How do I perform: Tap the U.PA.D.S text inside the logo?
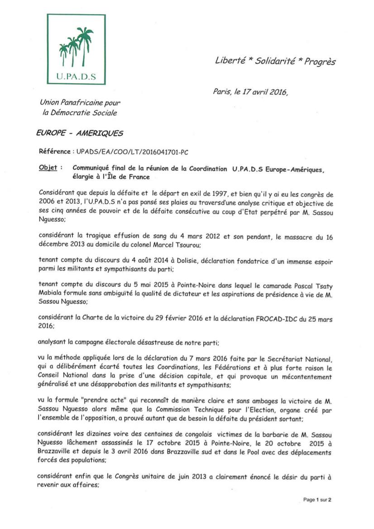pos(76,76)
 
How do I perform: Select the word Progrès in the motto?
pos(320,62)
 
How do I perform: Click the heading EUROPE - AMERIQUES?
pos(79,133)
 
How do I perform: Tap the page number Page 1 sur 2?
pos(317,500)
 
